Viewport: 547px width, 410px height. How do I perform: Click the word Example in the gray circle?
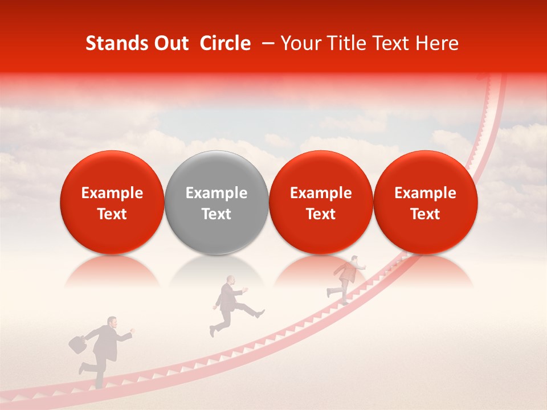(x=217, y=193)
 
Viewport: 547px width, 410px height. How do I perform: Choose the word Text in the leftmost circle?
(x=112, y=214)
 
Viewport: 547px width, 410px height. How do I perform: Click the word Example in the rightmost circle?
(x=425, y=193)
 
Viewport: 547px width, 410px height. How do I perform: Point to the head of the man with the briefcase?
(x=112, y=322)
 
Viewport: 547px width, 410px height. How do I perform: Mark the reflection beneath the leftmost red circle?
(x=112, y=272)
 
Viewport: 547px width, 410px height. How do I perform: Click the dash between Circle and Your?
(x=266, y=43)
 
